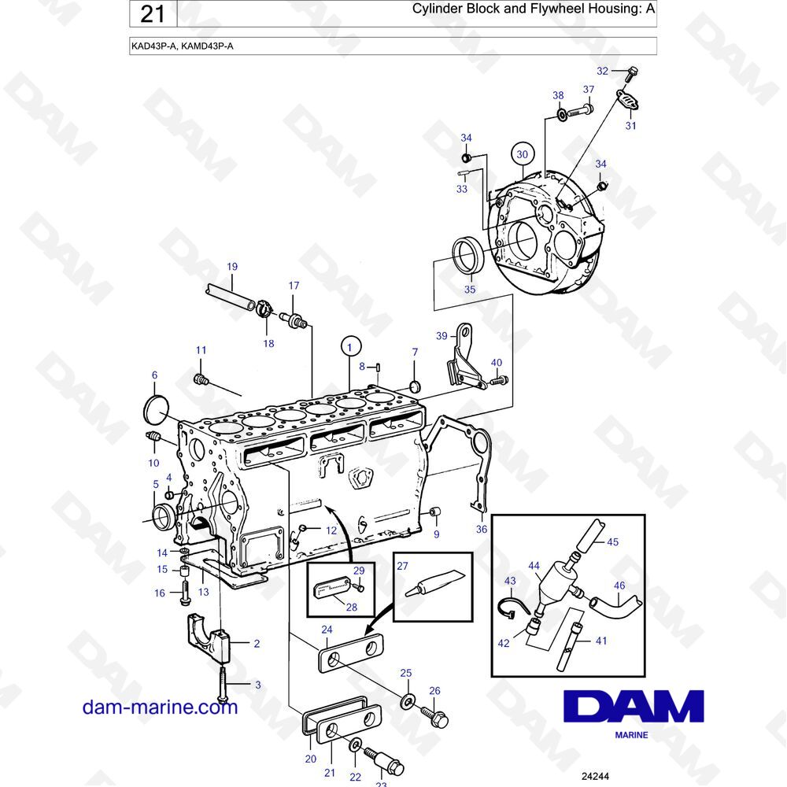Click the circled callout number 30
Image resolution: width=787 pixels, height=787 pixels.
(x=522, y=154)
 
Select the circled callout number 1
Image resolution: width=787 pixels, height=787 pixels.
(x=350, y=347)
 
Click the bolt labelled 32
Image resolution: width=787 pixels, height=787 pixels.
(x=631, y=74)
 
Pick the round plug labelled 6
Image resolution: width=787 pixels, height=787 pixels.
(x=155, y=409)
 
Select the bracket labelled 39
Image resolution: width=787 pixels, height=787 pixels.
(x=464, y=357)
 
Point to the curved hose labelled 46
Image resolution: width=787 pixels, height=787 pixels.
(x=615, y=602)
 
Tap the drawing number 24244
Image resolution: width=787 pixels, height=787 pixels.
(x=595, y=776)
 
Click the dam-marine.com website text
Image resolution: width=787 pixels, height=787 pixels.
(x=160, y=707)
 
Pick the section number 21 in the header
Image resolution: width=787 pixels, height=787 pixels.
(x=153, y=13)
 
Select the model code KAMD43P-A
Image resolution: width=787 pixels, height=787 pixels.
(x=207, y=46)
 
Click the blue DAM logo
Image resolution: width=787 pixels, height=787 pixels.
(x=634, y=706)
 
